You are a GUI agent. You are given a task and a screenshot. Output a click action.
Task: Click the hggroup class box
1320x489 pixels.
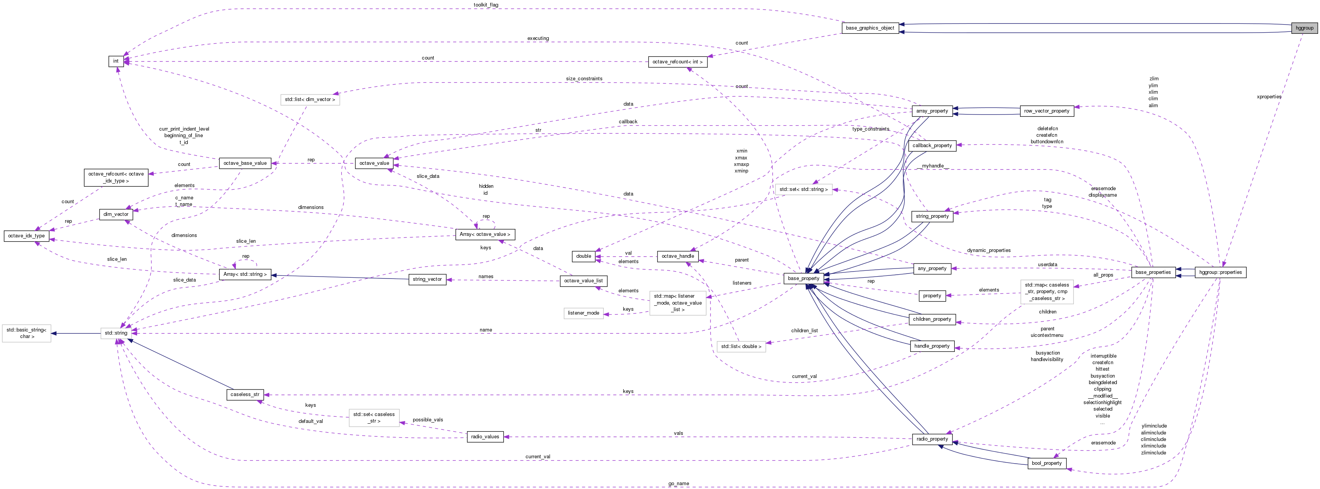tap(1304, 28)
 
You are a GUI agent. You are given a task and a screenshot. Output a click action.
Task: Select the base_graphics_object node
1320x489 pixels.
tap(870, 28)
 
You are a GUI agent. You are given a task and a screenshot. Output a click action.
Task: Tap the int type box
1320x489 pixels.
tap(116, 61)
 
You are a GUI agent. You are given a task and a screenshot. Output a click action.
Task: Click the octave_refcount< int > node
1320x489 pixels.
tap(677, 62)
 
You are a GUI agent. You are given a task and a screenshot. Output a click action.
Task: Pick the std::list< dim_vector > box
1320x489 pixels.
tap(310, 99)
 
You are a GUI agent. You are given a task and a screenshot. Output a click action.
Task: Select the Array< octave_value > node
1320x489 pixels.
tap(485, 234)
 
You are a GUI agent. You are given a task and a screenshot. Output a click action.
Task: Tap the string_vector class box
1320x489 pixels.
tap(427, 279)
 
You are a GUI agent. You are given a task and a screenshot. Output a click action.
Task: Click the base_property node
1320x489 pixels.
tap(803, 278)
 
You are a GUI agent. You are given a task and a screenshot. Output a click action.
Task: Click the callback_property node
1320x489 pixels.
tap(932, 146)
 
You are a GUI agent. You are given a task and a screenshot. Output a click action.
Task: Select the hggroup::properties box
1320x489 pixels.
tap(1220, 272)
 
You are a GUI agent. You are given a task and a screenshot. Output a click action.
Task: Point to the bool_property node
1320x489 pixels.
tap(1047, 463)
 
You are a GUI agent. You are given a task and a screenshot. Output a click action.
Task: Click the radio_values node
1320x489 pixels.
tap(485, 437)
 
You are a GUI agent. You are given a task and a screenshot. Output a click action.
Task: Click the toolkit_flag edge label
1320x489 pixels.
tap(486, 5)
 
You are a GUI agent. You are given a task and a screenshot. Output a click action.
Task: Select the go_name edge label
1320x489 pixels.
tap(679, 483)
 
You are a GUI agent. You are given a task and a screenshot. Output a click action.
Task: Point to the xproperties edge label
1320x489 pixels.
tap(1269, 96)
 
